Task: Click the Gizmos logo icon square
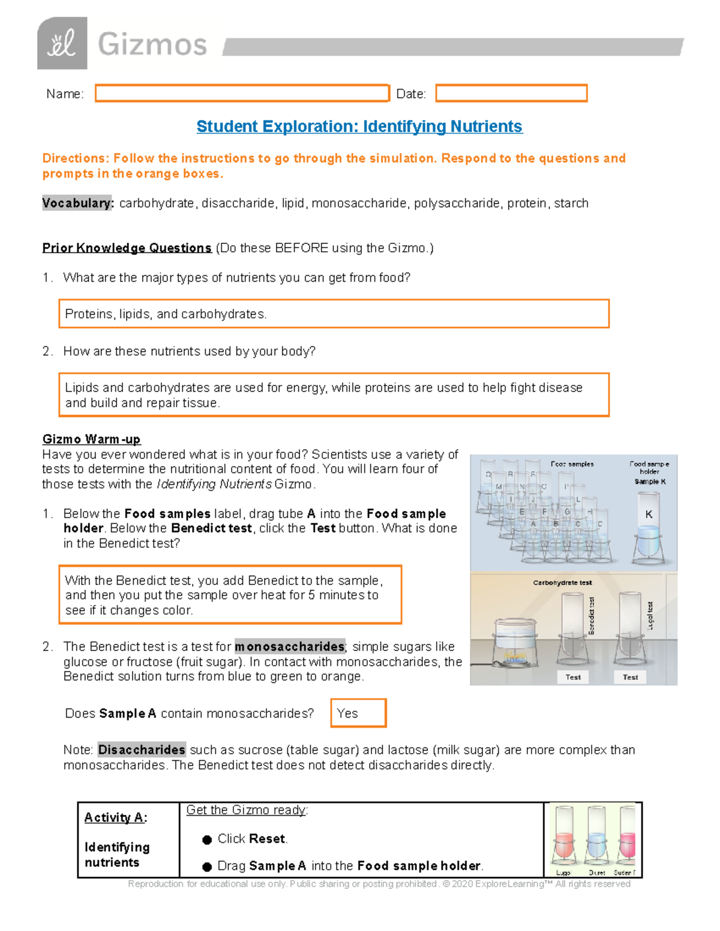point(62,43)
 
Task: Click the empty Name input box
point(242,94)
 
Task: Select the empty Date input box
point(511,94)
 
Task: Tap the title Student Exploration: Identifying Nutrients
point(359,126)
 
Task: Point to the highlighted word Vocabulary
point(77,203)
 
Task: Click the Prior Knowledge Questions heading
point(127,248)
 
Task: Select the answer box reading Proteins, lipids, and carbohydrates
point(334,314)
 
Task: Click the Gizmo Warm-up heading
point(91,439)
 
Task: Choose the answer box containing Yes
point(358,713)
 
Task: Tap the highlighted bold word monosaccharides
point(289,646)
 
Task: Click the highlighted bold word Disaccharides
point(142,750)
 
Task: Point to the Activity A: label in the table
point(115,818)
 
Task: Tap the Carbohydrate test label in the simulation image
point(562,582)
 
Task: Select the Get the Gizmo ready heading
point(247,810)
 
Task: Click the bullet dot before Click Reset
point(207,840)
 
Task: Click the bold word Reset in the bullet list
point(268,839)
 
